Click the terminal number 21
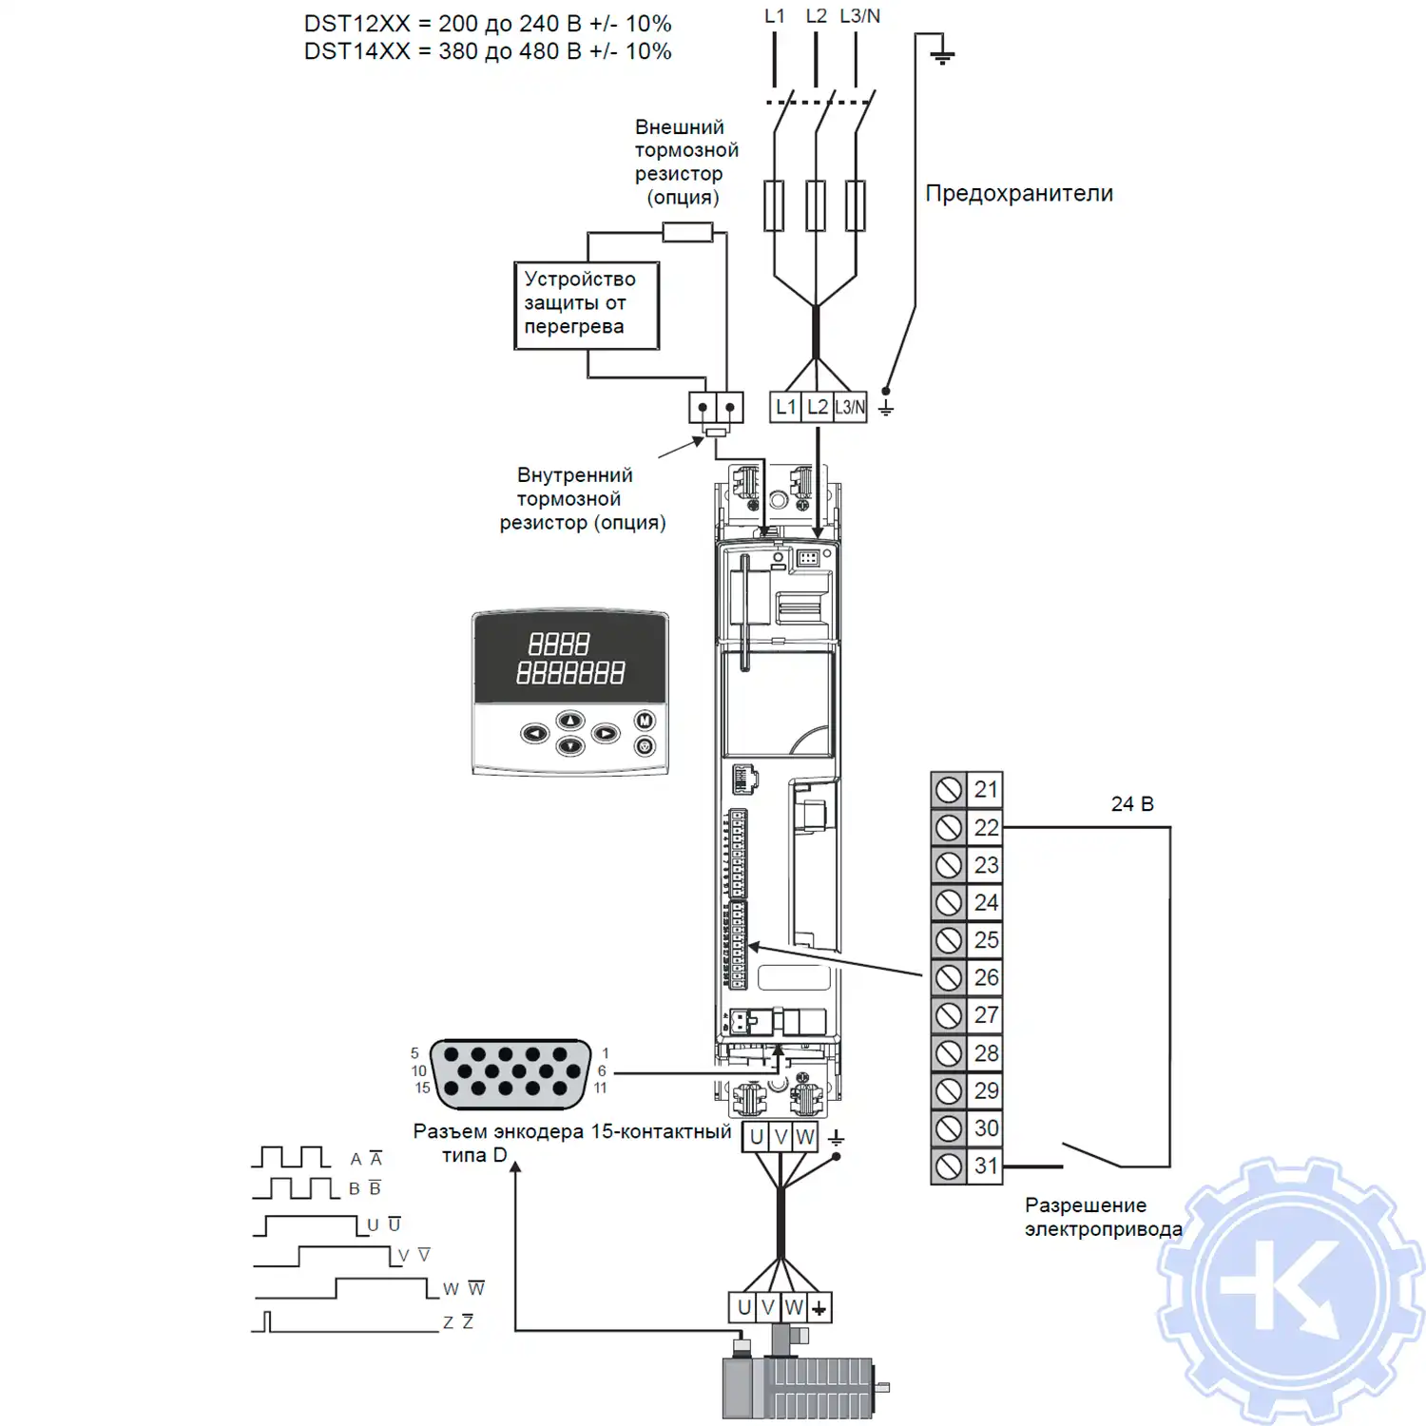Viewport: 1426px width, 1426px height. [x=986, y=789]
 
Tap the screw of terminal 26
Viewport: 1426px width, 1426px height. [x=949, y=977]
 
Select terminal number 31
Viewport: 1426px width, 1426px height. [x=986, y=1166]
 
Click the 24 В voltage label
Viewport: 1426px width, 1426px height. [x=1132, y=804]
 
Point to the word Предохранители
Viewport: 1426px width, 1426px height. [x=1019, y=194]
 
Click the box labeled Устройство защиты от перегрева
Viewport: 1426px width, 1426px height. [x=586, y=305]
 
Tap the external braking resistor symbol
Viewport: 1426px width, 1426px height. [x=687, y=231]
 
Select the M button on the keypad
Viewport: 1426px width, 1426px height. [x=645, y=721]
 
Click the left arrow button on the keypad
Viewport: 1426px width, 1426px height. [x=535, y=734]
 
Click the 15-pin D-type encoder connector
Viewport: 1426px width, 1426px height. [x=511, y=1074]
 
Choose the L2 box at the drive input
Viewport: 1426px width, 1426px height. [x=818, y=407]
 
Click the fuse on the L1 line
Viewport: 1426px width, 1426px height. [x=775, y=205]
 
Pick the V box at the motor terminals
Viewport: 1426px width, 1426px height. [x=768, y=1308]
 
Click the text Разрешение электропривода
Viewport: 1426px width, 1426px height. [x=1103, y=1217]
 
